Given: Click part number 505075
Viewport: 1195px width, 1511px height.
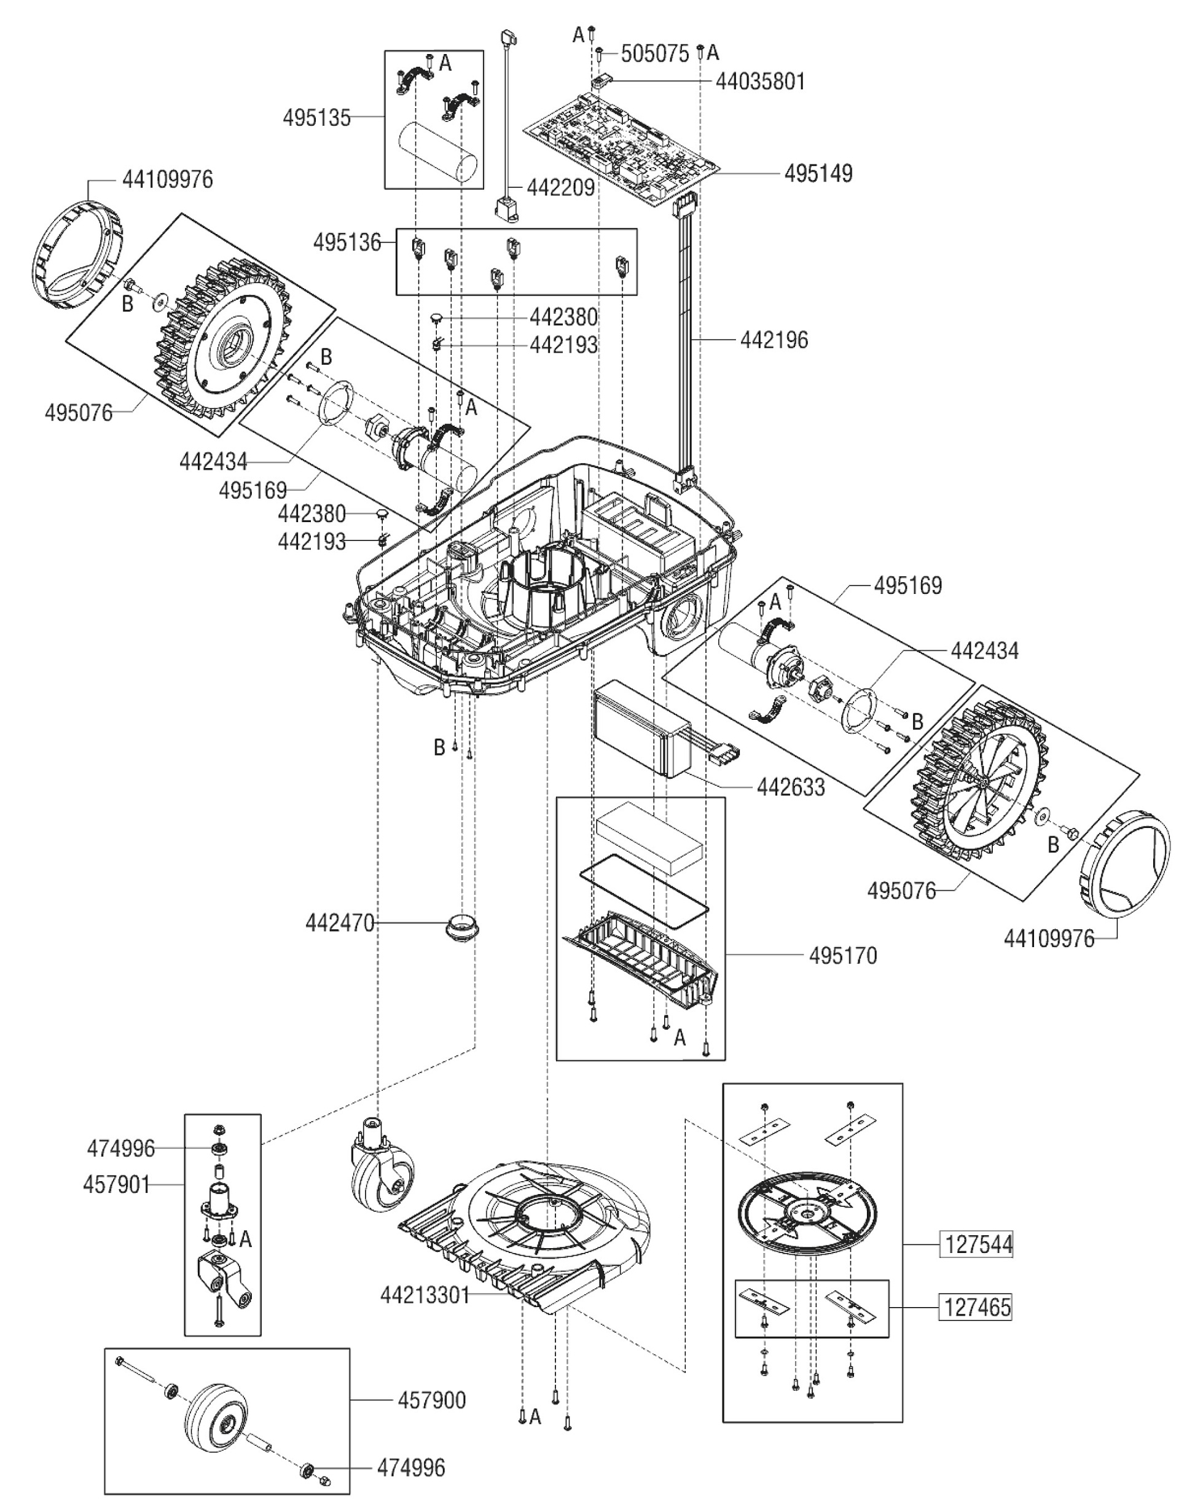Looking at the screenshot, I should pyautogui.click(x=655, y=53).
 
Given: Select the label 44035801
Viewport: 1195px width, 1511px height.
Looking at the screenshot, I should pyautogui.click(x=760, y=82).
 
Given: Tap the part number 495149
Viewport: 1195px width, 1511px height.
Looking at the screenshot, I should pyautogui.click(x=818, y=173).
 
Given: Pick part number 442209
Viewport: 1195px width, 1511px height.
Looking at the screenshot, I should pyautogui.click(x=560, y=187).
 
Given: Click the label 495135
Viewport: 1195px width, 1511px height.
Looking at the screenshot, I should pyautogui.click(x=316, y=117).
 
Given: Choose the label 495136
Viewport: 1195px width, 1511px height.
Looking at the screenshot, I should pyautogui.click(x=347, y=243).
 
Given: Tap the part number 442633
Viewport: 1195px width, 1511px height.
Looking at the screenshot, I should pyautogui.click(x=791, y=787).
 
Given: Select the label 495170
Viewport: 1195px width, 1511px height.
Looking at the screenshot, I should pyautogui.click(x=842, y=956).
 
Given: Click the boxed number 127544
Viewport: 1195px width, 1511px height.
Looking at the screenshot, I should pyautogui.click(x=978, y=1244).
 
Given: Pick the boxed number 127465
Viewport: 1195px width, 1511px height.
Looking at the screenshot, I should pyautogui.click(x=978, y=1306).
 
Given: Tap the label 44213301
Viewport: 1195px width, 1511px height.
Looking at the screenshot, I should pyautogui.click(x=425, y=1295).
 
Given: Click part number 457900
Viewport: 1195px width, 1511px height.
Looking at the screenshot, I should pyautogui.click(x=432, y=1400).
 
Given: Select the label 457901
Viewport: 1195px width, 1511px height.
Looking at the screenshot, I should pyautogui.click(x=116, y=1184).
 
